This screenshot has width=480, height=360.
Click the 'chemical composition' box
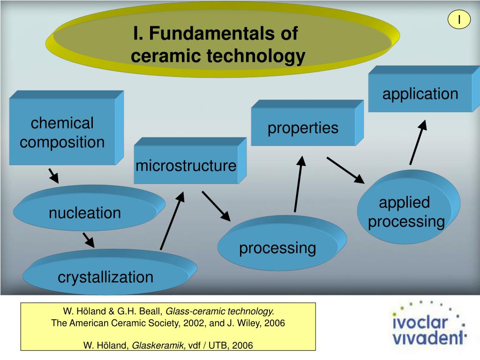coord(62,133)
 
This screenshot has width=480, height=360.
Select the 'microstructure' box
coord(186,165)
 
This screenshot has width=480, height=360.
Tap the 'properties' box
coord(303,127)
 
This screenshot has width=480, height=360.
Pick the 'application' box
coord(420,94)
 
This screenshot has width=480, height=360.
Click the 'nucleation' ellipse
coord(85,213)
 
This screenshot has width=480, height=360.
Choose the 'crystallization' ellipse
coord(105,277)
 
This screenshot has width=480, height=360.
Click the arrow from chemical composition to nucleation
coord(53,176)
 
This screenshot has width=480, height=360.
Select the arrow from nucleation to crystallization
coord(89,240)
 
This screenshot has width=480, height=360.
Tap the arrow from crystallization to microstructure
coord(172,220)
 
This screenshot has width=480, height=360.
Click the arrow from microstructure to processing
coord(216,206)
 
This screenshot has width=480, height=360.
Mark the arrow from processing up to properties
coord(299,184)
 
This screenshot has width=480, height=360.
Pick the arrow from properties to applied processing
coord(345,170)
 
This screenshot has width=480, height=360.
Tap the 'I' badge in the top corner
coord(459,19)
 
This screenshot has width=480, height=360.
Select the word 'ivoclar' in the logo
coord(420,322)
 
